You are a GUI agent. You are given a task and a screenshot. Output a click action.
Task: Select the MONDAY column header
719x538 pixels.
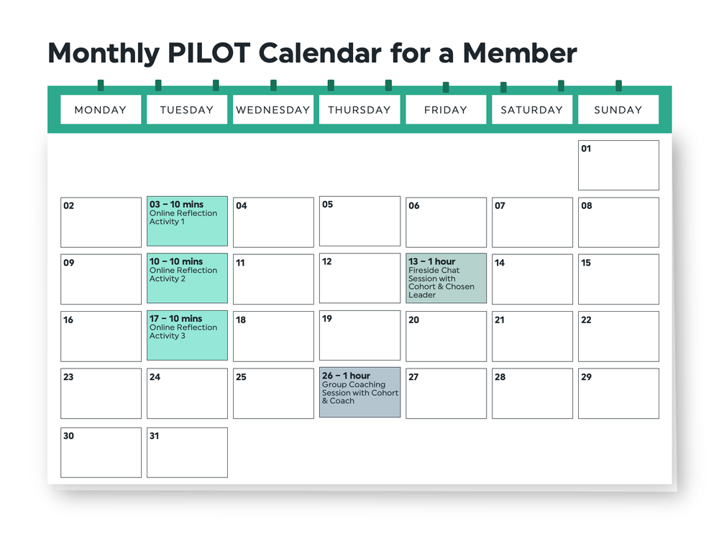coord(101,110)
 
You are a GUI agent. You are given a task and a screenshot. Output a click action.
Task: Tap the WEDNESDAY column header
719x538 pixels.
coord(273,110)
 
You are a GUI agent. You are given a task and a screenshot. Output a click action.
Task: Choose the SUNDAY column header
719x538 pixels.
coord(618,110)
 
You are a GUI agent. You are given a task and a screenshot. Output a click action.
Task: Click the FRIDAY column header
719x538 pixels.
coord(446,110)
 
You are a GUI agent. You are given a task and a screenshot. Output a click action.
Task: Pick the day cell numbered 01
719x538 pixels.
coord(618,165)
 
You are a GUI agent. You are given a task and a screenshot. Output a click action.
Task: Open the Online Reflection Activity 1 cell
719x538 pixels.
coord(187,222)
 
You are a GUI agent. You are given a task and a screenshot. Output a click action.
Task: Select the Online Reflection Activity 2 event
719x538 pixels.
coord(187,278)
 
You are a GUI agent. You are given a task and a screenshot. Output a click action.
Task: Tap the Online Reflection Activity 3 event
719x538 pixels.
coord(187,335)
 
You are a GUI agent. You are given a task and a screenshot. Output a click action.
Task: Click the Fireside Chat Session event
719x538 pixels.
coord(446,278)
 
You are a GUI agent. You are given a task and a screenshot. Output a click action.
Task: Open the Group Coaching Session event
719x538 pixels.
coord(359,392)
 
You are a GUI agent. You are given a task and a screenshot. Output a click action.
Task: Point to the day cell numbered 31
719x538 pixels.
coord(187,453)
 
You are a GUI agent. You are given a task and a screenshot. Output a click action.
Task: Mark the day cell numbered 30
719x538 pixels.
coord(101,453)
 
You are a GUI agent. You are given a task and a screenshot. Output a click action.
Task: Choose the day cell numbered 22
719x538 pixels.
coord(618,336)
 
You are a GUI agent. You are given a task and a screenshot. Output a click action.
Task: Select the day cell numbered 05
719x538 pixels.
coord(359,221)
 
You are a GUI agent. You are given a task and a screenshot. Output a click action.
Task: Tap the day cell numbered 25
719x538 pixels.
coord(273,394)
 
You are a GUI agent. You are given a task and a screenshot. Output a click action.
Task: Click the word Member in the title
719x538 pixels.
coord(519,53)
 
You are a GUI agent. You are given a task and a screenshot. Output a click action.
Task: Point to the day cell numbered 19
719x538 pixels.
coord(359,335)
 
